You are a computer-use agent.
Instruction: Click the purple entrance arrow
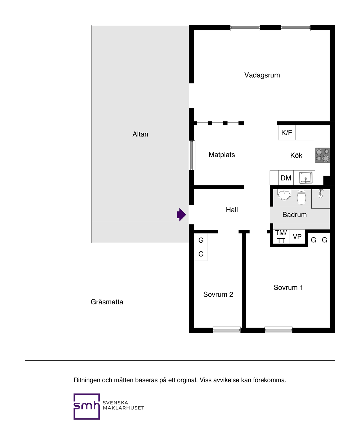(181, 215)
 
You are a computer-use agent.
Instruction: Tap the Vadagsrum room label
(262, 75)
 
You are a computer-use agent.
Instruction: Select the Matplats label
(222, 155)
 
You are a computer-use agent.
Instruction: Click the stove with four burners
(322, 155)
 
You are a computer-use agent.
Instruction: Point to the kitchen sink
(306, 178)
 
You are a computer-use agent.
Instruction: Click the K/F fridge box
(287, 133)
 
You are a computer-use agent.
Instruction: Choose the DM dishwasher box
(286, 178)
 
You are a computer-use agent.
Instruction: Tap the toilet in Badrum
(301, 197)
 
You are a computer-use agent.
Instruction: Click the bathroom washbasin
(284, 195)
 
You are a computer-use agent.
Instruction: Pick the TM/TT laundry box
(281, 237)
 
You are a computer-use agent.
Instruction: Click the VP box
(297, 237)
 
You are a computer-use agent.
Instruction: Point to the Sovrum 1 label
(288, 287)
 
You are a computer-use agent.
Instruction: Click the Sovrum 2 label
(218, 294)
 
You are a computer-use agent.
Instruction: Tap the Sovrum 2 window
(227, 330)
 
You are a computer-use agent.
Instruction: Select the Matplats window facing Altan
(192, 155)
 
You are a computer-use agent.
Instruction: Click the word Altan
(140, 134)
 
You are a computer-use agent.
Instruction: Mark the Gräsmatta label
(107, 302)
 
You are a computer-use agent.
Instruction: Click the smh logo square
(87, 406)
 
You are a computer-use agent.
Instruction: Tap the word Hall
(232, 210)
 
